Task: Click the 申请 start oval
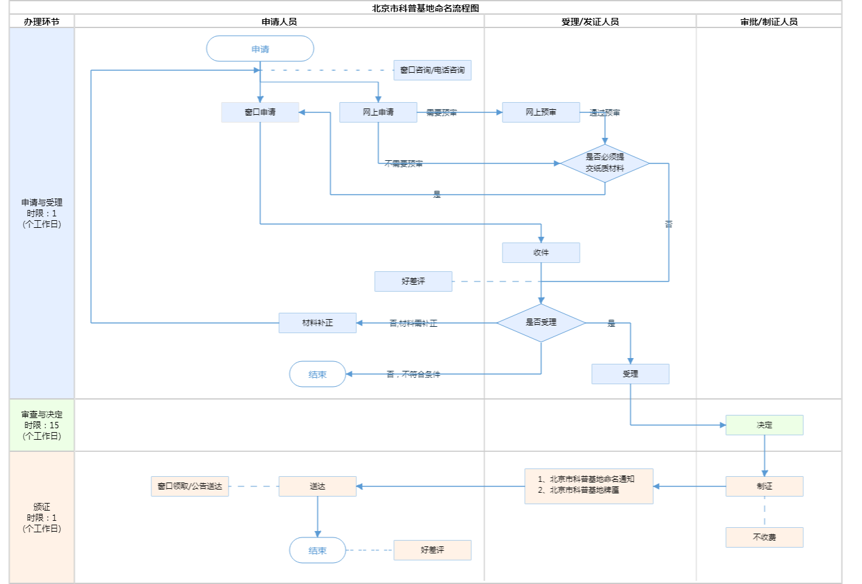260,49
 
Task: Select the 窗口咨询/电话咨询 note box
432,70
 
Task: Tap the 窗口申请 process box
260,112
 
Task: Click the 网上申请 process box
378,112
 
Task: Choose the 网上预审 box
541,112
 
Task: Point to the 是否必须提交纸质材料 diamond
605,163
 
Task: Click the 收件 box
541,253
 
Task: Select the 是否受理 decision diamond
541,322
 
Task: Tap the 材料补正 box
317,323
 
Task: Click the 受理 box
630,374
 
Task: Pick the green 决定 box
764,425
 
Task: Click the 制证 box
764,486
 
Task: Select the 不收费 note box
764,537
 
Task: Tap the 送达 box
317,486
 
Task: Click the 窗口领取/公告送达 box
190,486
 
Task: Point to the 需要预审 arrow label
441,113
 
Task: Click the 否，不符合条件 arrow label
413,375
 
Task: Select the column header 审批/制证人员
769,22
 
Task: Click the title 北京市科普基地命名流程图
425,8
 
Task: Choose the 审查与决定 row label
42,425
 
